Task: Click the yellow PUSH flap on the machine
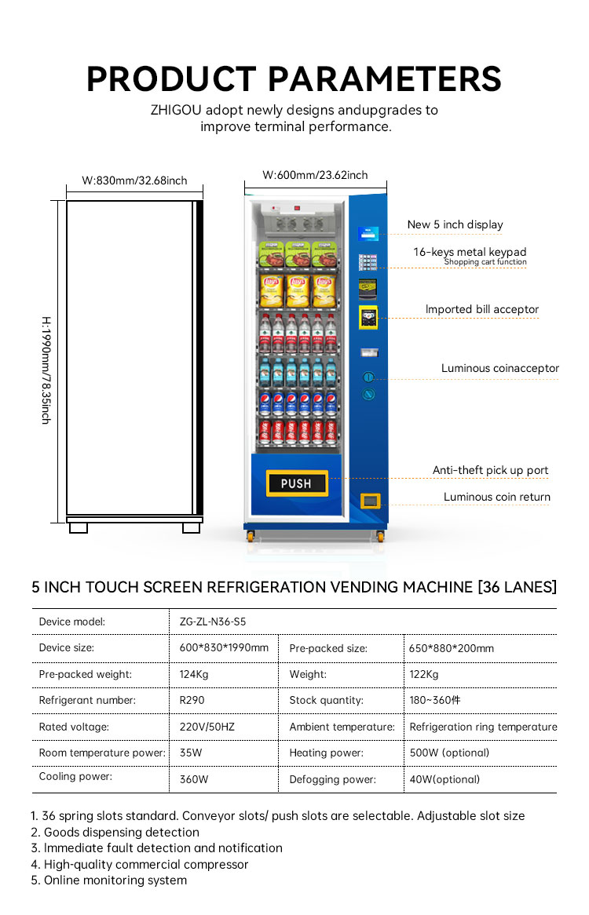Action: pos(297,483)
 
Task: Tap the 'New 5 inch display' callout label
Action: pos(455,224)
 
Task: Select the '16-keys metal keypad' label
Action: pos(470,252)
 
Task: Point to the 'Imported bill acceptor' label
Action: pos(481,309)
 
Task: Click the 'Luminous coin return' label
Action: pos(497,497)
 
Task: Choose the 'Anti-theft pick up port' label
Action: pos(490,470)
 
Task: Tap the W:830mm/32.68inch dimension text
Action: pos(134,181)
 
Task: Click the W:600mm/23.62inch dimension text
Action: pos(315,175)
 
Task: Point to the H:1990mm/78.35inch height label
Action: pos(46,370)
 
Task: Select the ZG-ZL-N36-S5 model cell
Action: pos(213,622)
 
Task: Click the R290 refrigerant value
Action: pos(192,700)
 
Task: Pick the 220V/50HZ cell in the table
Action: pos(207,727)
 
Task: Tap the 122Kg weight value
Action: pos(424,675)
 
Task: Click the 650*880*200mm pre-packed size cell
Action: pos(452,648)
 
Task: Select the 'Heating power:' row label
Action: pos(327,753)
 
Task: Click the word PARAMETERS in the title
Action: pos(385,79)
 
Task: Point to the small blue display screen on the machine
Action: pos(368,233)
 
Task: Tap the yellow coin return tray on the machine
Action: pos(371,501)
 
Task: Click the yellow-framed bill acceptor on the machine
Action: pos(368,318)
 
